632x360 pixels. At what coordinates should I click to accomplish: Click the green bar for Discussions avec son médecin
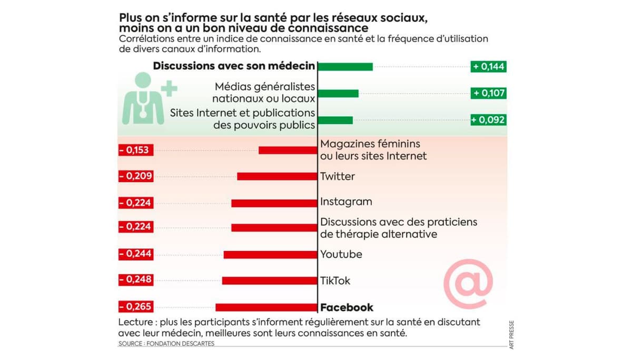(x=345, y=66)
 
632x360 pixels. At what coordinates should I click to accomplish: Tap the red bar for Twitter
(x=278, y=176)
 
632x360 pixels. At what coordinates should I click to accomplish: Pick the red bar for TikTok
(x=270, y=281)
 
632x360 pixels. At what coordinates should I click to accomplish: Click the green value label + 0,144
(x=488, y=66)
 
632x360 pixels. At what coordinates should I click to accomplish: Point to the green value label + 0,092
(x=488, y=120)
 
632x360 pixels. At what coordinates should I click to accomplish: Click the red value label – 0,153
(x=135, y=150)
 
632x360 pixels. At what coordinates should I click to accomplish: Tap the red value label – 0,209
(x=135, y=176)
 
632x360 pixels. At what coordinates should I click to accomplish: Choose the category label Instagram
(x=346, y=202)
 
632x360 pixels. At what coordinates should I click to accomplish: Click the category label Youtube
(x=341, y=254)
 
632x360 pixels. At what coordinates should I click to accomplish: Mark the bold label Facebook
(x=347, y=307)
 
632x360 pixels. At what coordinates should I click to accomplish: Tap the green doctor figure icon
(x=142, y=100)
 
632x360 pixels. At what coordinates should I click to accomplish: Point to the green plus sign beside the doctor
(x=169, y=88)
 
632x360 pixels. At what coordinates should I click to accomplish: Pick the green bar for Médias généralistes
(x=338, y=93)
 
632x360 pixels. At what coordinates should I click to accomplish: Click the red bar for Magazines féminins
(x=289, y=150)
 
